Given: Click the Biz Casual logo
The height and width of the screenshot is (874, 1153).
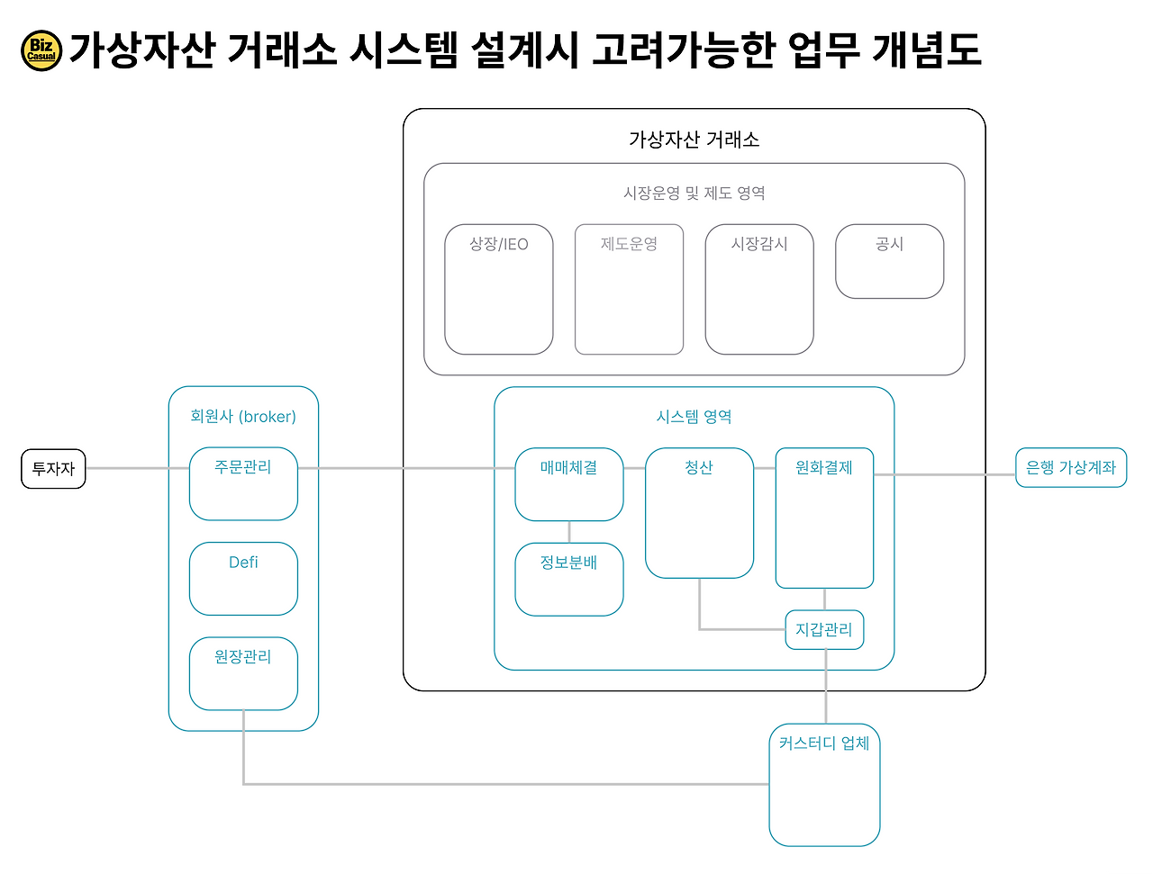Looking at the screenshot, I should point(41,50).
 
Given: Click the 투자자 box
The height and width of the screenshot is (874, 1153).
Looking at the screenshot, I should point(53,469).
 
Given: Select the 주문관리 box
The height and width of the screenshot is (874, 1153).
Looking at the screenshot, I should point(243,483).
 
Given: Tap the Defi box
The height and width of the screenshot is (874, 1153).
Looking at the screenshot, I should point(243,578).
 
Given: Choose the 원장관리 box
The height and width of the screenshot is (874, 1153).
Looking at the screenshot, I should point(243,673).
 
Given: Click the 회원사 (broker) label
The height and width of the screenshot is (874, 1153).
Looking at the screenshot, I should point(243,417).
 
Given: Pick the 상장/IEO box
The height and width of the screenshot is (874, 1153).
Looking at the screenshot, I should point(498,289).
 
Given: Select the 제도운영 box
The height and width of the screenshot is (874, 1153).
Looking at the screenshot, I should point(629,289).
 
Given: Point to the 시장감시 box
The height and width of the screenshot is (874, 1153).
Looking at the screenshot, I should point(759,289).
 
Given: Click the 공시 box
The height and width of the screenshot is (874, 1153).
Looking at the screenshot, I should point(889,261).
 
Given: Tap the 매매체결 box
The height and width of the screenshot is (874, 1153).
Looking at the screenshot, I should point(568,484).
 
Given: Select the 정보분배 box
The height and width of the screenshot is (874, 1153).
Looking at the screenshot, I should point(568,579).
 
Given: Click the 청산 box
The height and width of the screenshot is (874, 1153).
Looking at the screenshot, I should point(699,512).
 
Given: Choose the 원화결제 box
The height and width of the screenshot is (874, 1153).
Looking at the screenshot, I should point(824,518).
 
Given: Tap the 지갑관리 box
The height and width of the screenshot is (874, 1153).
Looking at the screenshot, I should point(824,629).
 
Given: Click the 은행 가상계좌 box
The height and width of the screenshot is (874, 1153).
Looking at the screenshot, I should point(1071,468).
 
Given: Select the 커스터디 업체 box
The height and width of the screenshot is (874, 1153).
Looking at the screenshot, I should point(824,784).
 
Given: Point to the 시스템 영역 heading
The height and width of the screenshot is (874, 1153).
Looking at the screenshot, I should point(694,417).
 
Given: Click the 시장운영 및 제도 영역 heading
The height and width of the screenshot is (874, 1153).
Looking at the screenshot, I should point(694,193).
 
